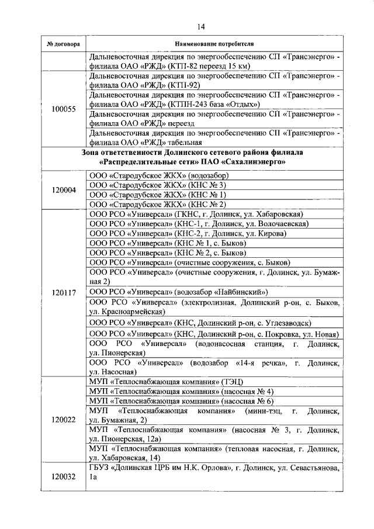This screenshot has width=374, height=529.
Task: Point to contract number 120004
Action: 63,190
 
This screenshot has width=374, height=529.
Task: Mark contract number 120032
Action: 63,476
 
